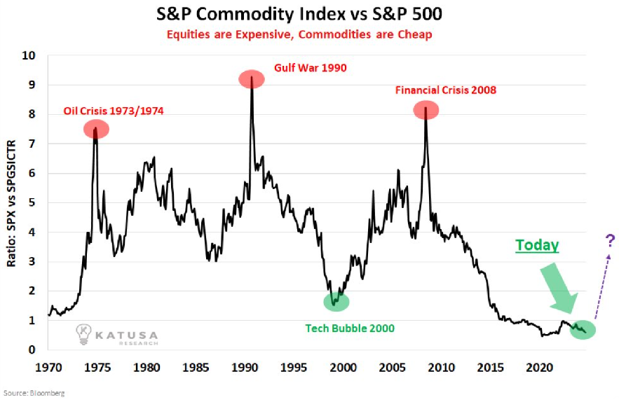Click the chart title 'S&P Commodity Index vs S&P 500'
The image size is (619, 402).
coord(309,14)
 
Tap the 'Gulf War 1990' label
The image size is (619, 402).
coord(309,69)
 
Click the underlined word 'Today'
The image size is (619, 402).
coord(537,245)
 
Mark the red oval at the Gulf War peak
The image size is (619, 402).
coord(252,79)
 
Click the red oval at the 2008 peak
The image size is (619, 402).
coord(426,110)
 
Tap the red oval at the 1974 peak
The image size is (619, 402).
coord(96,129)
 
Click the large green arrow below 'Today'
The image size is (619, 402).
coord(562,289)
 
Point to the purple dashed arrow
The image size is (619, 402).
coord(601,287)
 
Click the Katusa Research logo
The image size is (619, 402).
coord(116,335)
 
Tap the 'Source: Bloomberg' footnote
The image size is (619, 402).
coord(34,394)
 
